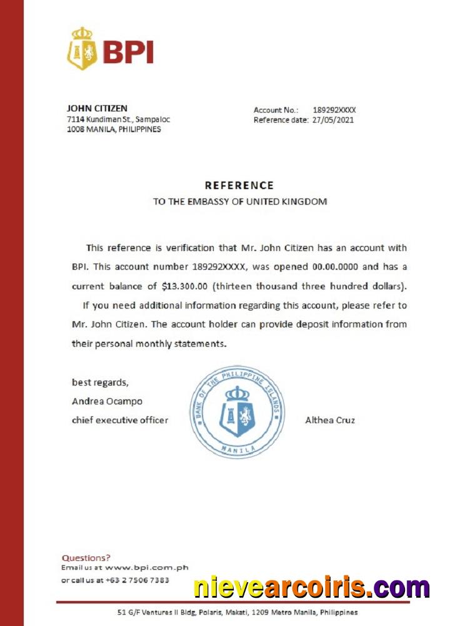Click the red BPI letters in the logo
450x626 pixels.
point(127,53)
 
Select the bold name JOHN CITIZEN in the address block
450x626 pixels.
point(97,108)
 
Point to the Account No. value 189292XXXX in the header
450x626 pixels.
point(334,110)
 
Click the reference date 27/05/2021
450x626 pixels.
point(332,120)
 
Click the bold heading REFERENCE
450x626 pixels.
point(239,185)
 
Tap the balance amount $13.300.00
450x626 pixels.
point(184,286)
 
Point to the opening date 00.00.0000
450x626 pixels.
point(334,266)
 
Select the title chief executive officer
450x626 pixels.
point(120,420)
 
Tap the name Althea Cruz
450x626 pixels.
point(330,420)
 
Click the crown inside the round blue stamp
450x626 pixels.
point(237,393)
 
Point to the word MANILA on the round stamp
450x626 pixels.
point(238,449)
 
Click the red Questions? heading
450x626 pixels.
point(86,557)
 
